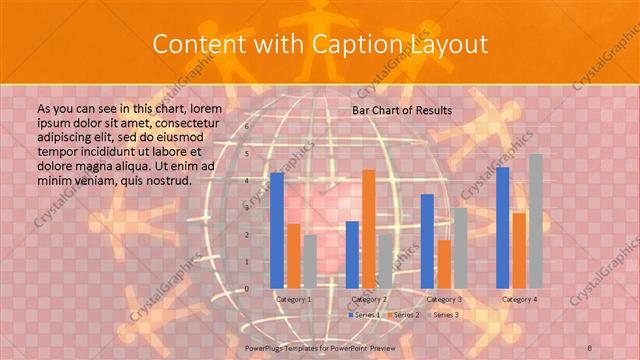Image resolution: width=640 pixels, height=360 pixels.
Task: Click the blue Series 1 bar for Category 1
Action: click(277, 230)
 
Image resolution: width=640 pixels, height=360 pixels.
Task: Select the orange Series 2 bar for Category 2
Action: click(369, 229)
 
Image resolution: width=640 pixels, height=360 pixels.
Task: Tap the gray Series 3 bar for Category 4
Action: click(536, 221)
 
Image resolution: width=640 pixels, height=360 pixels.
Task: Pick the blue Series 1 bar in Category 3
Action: click(427, 241)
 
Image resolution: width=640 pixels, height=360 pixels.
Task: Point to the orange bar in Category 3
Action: click(443, 263)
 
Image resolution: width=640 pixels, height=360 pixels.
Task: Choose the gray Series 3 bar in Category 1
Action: click(309, 261)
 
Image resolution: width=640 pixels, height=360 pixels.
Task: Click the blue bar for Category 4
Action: click(503, 227)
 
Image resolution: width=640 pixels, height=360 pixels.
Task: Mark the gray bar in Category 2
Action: click(385, 261)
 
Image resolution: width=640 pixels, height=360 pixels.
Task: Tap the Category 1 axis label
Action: click(293, 299)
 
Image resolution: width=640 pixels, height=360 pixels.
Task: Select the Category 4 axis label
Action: click(519, 299)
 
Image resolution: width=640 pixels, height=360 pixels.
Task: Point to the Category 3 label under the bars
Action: click(444, 299)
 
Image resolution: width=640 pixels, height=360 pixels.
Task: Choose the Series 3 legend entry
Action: click(443, 315)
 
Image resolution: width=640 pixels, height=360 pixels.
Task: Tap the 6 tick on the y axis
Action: click(247, 128)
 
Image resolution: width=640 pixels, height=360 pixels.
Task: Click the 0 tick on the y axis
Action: click(247, 289)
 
